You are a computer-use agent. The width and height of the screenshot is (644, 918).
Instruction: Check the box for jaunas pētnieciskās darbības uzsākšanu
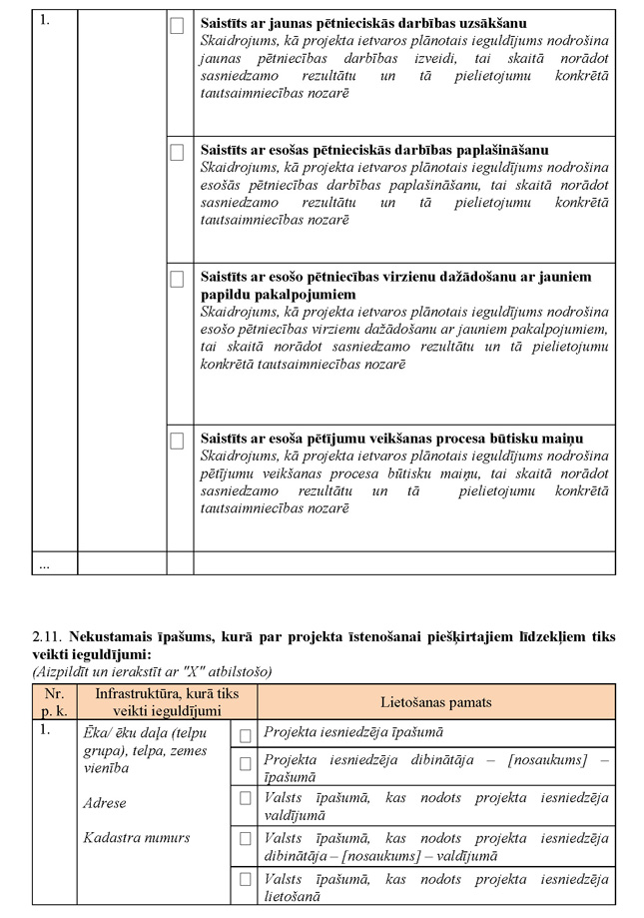click(177, 26)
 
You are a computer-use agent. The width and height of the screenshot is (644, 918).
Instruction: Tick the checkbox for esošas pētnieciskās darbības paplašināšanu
click(177, 153)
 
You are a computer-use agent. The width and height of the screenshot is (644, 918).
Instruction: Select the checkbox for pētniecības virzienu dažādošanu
click(177, 280)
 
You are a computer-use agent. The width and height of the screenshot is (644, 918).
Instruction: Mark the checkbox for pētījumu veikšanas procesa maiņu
click(177, 441)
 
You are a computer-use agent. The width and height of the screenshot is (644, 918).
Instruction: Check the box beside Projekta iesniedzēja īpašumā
click(245, 735)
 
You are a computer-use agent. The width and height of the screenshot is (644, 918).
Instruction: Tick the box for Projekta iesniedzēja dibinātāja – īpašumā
click(245, 764)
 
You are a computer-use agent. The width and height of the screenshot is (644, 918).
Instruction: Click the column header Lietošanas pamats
click(435, 702)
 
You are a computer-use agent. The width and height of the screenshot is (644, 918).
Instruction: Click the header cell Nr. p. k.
click(53, 702)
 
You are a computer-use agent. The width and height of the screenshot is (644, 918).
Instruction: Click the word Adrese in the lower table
click(105, 803)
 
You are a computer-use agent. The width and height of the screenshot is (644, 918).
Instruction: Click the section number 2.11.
click(47, 636)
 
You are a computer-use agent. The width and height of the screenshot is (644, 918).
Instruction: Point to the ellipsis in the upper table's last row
click(45, 564)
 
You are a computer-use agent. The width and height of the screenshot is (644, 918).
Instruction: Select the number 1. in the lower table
click(45, 731)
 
